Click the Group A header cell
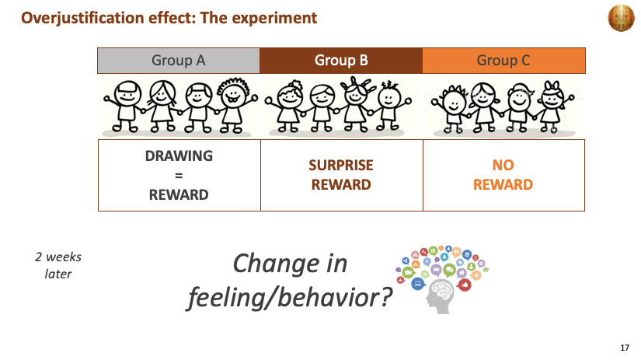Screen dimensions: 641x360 [x=179, y=61]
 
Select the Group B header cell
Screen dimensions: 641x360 [x=341, y=61]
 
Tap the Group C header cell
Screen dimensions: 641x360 [x=503, y=61]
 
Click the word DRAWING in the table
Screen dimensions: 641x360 [x=179, y=156]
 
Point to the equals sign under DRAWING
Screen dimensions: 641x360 [x=179, y=176]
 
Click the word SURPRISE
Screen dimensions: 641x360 [x=341, y=166]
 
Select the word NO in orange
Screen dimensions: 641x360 [x=503, y=166]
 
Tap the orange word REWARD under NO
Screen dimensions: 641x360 [x=503, y=185]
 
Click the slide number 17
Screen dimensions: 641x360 [x=625, y=348]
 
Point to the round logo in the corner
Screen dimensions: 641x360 [x=621, y=18]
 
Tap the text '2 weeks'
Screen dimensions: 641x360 [x=58, y=257]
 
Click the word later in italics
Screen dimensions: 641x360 [x=58, y=274]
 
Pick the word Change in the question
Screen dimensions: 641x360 [x=276, y=264]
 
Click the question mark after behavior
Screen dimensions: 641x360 [x=385, y=297]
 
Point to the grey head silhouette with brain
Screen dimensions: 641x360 [x=440, y=296]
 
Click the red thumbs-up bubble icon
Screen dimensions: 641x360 [x=464, y=285]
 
